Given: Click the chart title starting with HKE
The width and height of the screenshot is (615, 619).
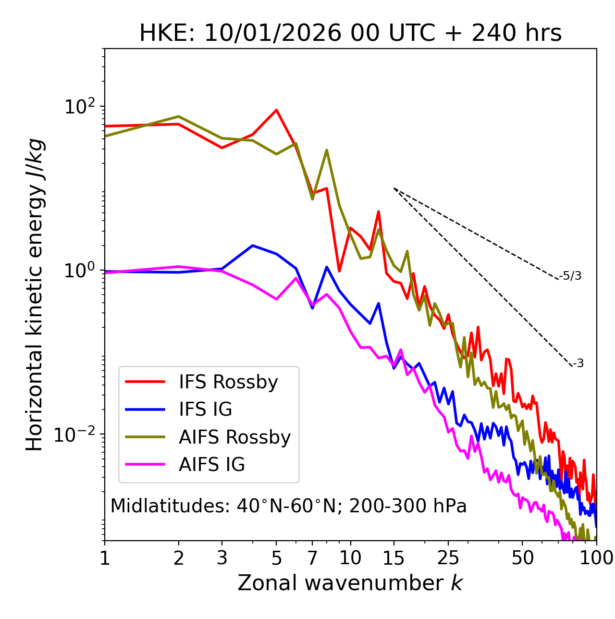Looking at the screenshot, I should coord(350,34).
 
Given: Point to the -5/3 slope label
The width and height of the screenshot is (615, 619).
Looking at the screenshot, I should coord(570,276).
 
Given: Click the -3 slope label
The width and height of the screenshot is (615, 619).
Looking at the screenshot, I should coord(578,364).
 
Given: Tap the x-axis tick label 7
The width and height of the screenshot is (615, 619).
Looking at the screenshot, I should coord(312,558).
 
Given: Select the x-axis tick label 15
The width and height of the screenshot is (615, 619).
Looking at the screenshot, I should coord(394,558).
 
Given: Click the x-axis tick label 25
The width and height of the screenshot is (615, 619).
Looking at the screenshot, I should coord(448,558).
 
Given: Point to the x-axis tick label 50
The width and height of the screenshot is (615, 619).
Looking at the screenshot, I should coord(522,558).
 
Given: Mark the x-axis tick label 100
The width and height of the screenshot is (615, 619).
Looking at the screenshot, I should coord(596,558).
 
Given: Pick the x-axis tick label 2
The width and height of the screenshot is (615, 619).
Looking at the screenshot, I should coord(179,558).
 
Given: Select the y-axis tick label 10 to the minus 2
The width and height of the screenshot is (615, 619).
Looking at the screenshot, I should coord(77,434).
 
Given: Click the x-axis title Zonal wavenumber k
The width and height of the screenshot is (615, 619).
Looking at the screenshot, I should coord(350,583).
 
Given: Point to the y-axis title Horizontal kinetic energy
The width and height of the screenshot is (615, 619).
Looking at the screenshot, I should coord(35,294).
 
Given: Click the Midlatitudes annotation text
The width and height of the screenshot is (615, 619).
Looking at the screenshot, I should coord(288,506).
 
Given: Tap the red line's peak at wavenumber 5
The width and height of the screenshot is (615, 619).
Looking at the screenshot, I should coord(276,110).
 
